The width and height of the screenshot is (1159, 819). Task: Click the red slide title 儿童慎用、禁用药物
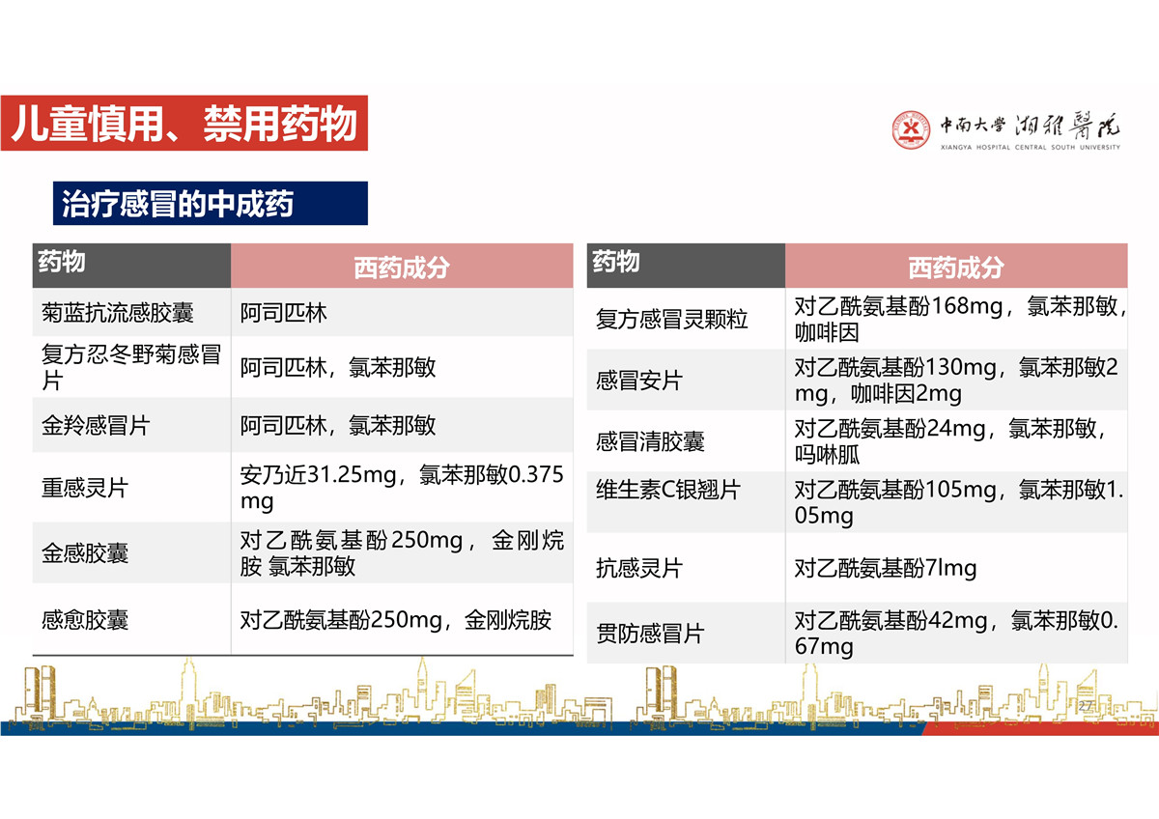184,123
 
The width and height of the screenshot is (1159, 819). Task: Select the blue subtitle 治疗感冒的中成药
178,204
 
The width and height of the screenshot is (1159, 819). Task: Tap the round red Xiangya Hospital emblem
910,129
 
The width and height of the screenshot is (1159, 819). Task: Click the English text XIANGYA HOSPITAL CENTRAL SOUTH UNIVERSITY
1030,148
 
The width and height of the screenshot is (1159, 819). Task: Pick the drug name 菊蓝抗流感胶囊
118,313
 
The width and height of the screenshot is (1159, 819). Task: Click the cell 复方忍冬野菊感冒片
131,367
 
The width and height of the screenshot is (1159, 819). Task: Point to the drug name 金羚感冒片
96,426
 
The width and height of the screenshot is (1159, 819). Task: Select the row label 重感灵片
85,488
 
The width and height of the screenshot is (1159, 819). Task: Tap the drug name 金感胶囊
85,553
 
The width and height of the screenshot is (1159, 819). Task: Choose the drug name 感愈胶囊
85,619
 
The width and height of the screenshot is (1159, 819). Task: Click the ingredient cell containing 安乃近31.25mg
402,488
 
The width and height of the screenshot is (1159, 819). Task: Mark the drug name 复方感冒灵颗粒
671,319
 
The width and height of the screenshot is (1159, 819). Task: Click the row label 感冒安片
639,381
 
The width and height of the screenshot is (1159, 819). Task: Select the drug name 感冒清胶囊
650,441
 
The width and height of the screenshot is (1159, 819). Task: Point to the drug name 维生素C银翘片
668,490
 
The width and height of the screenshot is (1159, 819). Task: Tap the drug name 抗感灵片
639,568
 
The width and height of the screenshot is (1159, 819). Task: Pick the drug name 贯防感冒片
650,634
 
